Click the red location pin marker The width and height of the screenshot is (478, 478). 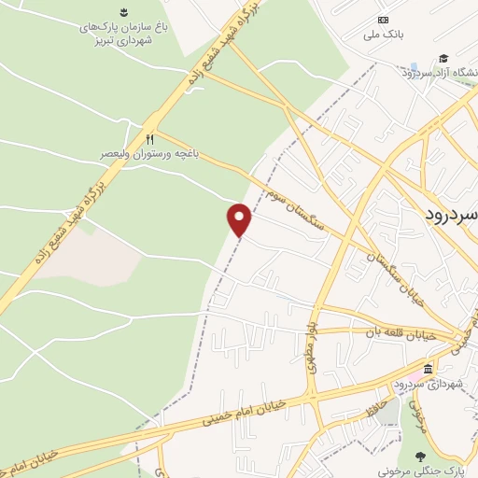click(240, 219)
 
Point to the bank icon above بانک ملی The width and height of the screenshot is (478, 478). click(383, 20)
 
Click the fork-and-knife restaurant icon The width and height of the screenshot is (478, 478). click(148, 138)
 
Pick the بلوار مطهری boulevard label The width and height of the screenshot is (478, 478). click(311, 346)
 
